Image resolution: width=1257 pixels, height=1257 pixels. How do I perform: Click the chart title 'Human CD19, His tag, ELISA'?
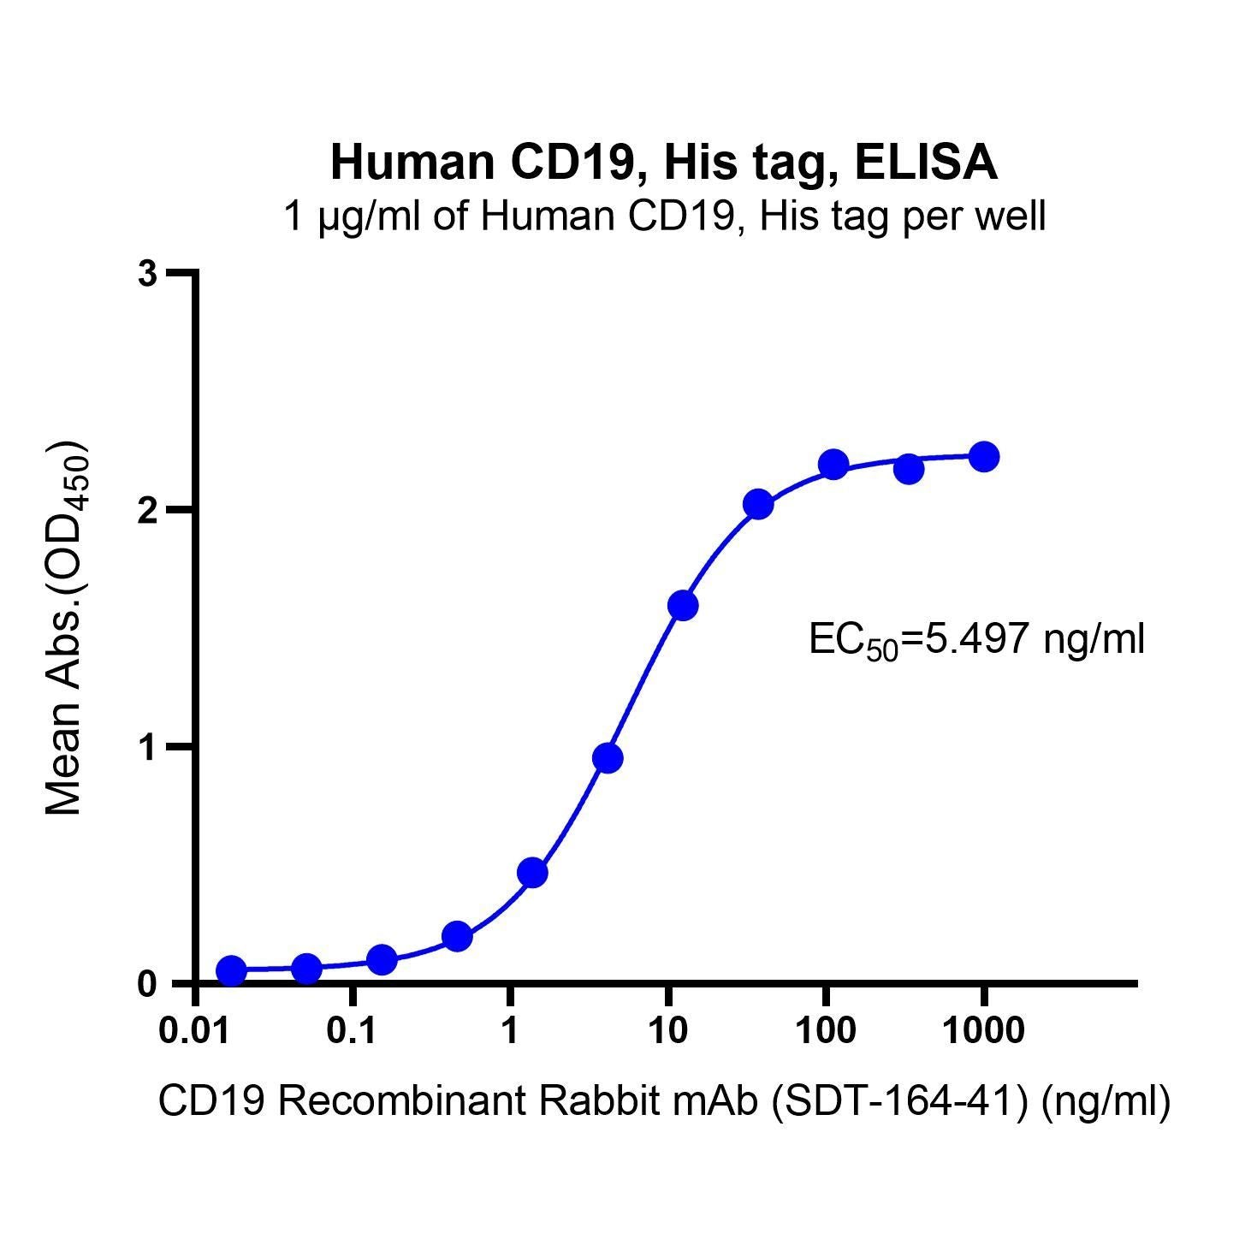(664, 163)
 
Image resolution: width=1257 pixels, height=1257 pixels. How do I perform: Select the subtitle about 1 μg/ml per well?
(664, 216)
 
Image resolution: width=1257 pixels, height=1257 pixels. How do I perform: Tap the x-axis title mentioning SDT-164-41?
(664, 1102)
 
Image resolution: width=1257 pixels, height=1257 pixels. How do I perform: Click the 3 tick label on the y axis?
(150, 274)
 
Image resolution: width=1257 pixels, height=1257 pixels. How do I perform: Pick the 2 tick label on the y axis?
(150, 510)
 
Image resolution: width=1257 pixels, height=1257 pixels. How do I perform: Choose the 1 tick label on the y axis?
(150, 747)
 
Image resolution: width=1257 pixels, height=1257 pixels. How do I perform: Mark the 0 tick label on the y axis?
(150, 984)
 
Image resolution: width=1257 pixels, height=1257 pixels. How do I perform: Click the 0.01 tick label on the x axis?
(196, 1031)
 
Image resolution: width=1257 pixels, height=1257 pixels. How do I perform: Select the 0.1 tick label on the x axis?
(352, 1031)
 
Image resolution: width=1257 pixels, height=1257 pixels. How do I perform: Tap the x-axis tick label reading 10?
(667, 1031)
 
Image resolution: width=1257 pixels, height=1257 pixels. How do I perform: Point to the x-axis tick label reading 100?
(826, 1031)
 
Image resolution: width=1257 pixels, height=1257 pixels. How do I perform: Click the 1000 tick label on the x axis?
(983, 1031)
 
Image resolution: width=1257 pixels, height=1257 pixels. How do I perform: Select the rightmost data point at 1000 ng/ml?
(984, 457)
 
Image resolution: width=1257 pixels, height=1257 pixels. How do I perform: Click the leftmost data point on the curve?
(231, 970)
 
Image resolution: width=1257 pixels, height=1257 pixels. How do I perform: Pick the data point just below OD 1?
(608, 758)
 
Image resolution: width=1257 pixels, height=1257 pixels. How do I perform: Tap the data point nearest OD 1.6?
(682, 606)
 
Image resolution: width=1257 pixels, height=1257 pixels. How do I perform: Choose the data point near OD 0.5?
(532, 873)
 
